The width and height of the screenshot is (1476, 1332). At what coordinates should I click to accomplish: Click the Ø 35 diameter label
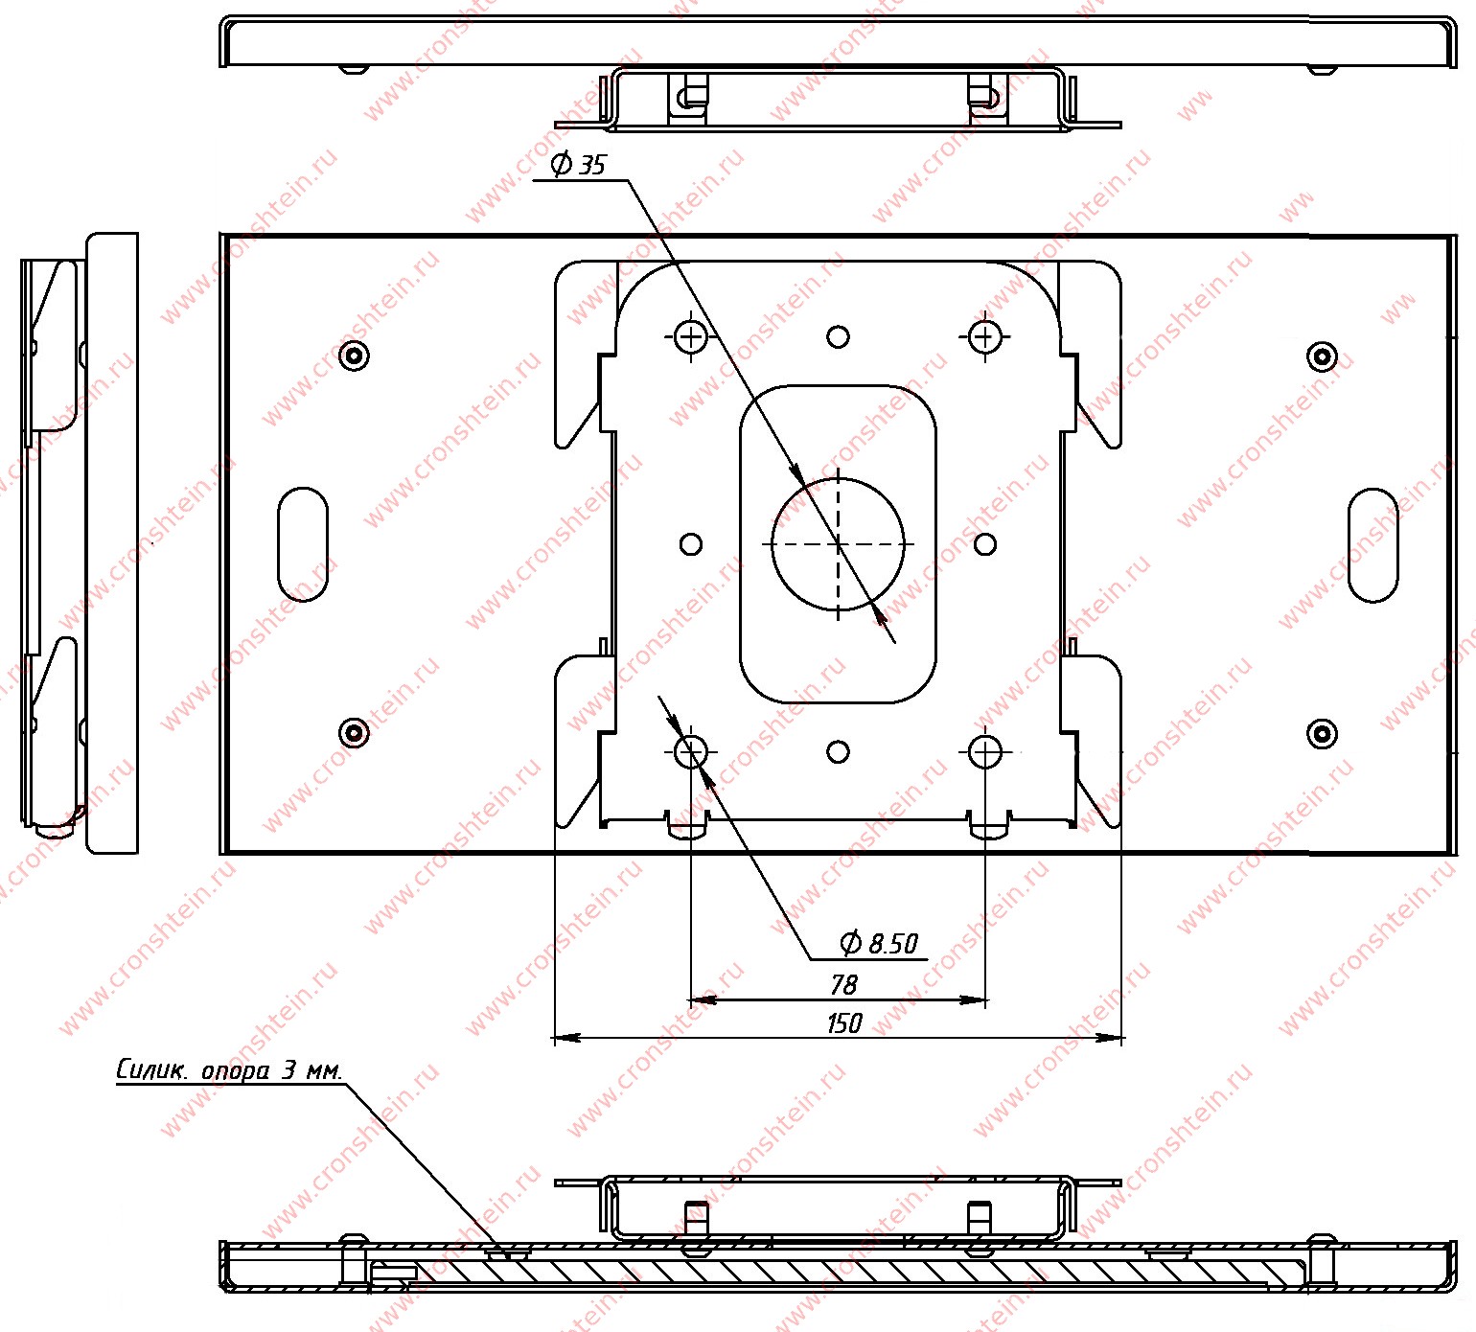pos(579,164)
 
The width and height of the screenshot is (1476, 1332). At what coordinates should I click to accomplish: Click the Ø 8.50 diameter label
pos(879,943)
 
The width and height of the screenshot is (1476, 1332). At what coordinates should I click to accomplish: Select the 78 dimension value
pos(843,984)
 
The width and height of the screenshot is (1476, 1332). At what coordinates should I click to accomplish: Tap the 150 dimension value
pos(843,1022)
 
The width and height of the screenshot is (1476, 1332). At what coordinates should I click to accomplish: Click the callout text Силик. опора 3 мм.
pos(229,1069)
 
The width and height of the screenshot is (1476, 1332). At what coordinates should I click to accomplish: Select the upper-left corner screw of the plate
pos(355,356)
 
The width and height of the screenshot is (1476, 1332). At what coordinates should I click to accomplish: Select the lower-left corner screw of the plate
pos(355,733)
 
